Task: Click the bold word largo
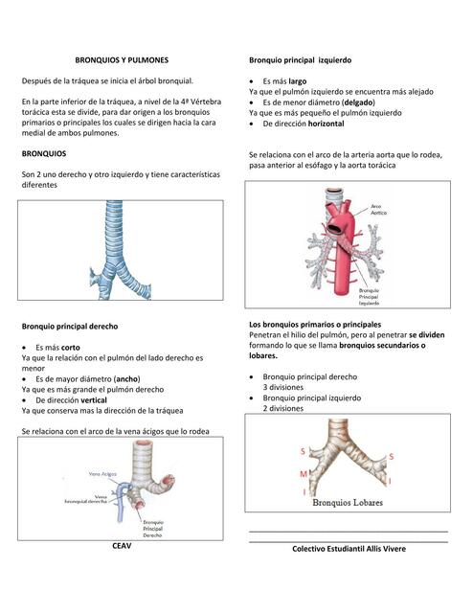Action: coord(297,81)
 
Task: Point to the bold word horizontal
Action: coord(328,124)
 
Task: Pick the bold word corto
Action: coord(70,347)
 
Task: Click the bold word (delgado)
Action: coord(359,102)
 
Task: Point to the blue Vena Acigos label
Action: coord(102,473)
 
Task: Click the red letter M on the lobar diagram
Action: coord(304,474)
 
